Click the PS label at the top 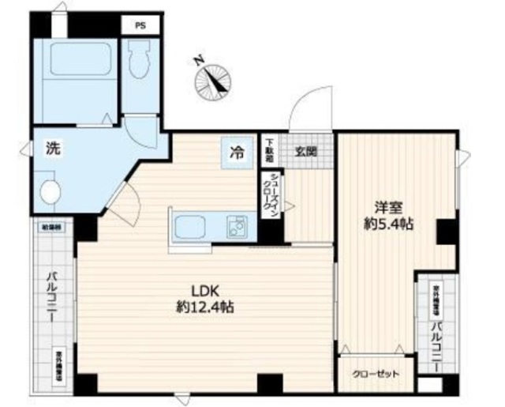[x=140, y=24]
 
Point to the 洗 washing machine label [x=51, y=148]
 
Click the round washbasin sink [x=49, y=190]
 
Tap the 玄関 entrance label [x=306, y=150]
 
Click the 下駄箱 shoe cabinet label [x=269, y=150]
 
